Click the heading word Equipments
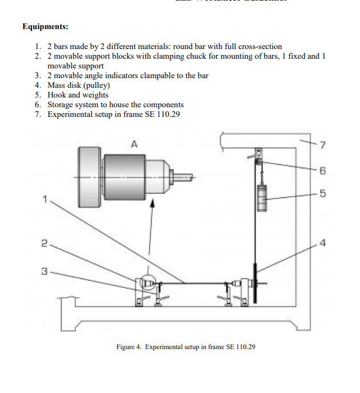click(x=45, y=26)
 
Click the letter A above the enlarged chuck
click(x=134, y=144)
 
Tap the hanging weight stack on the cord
click(x=262, y=197)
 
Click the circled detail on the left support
click(x=149, y=281)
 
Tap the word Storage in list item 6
click(x=62, y=104)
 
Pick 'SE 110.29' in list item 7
click(x=167, y=114)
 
